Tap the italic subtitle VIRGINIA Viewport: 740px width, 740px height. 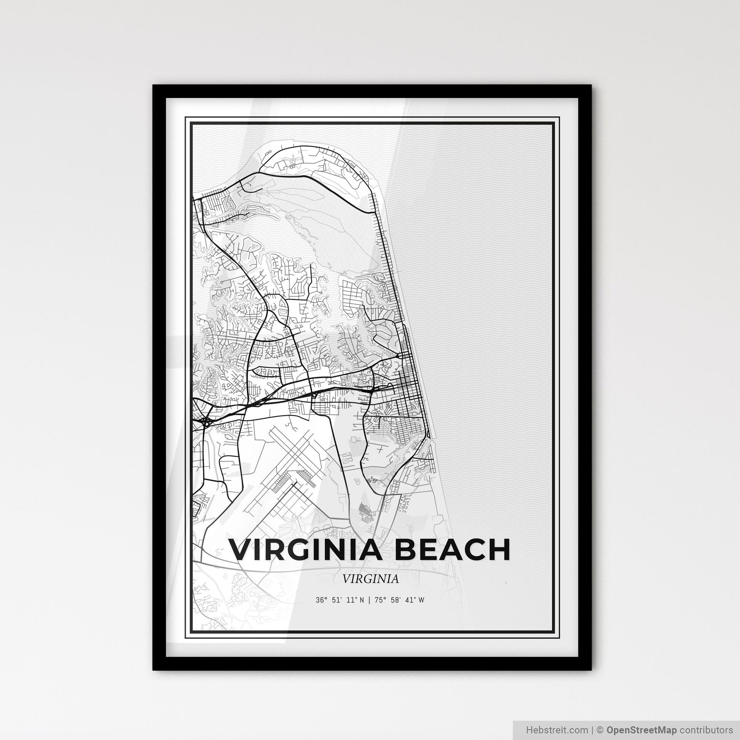[370, 579]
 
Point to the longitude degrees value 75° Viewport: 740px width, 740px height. [380, 600]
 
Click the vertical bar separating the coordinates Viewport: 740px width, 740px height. [370, 600]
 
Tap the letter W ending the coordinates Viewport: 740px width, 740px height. [421, 600]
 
